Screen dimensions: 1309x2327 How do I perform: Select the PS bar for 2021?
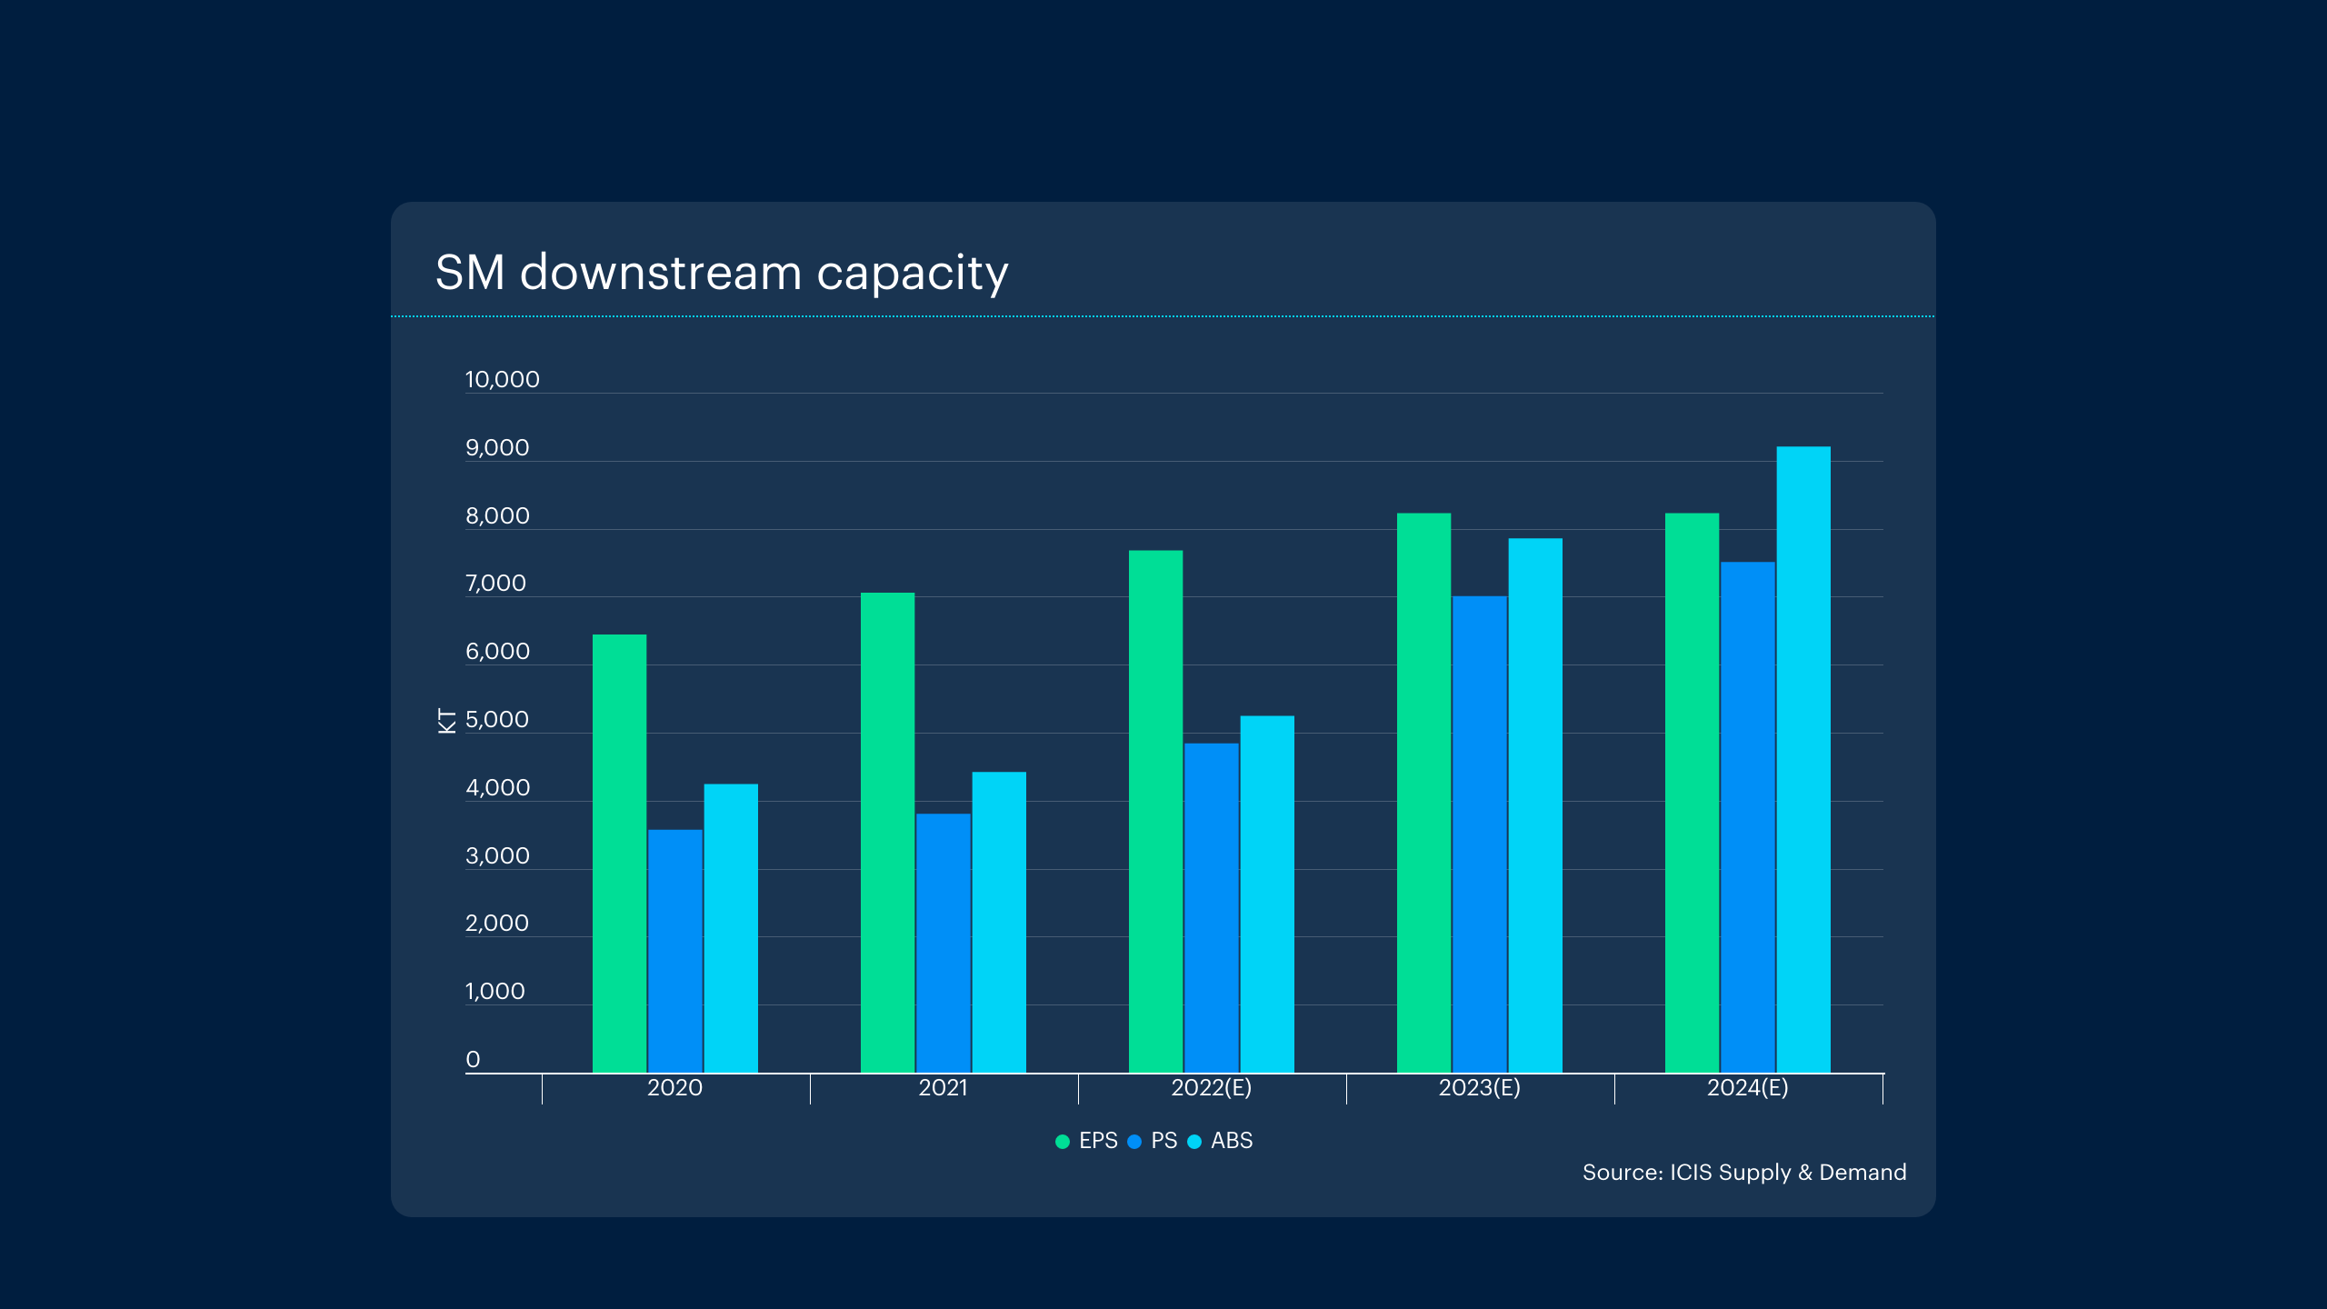click(943, 943)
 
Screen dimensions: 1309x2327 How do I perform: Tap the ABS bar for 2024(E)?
click(1803, 759)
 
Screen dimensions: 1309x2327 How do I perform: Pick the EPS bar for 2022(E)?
click(1155, 811)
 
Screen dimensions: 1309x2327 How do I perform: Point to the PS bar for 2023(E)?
click(1479, 834)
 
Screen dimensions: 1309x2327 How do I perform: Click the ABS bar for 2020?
click(731, 927)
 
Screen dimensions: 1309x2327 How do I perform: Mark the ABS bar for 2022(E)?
click(1267, 894)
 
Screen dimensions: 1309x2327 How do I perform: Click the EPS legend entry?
click(1087, 1141)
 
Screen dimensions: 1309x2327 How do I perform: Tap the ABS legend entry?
click(1221, 1141)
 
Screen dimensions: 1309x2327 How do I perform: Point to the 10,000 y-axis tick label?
click(502, 379)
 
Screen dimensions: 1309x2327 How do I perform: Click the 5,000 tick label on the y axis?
click(496, 719)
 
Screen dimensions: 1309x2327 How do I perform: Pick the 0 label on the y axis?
click(473, 1059)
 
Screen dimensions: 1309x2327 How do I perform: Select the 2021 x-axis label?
click(943, 1087)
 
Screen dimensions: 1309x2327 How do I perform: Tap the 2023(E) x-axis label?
click(1479, 1087)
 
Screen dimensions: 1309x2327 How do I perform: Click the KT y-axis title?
click(446, 720)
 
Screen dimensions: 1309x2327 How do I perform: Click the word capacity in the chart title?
click(912, 273)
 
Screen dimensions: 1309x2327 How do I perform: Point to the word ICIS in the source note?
click(1691, 1173)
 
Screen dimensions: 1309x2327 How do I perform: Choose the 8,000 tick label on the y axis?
click(497, 515)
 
